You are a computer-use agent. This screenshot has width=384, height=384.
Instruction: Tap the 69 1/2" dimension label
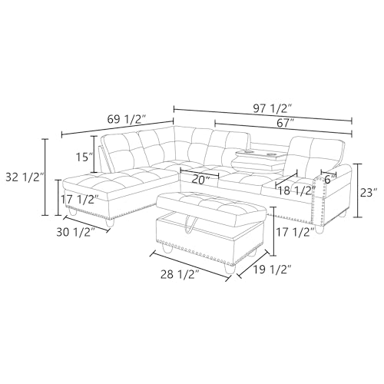(125, 119)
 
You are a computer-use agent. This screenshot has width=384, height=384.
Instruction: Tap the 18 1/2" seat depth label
(295, 190)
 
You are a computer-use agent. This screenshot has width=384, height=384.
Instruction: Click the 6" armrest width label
(331, 179)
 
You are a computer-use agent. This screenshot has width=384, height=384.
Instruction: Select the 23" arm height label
(369, 192)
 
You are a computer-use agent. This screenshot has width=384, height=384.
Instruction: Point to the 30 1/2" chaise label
(76, 232)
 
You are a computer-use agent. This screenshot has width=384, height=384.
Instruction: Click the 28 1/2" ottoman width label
(181, 270)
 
